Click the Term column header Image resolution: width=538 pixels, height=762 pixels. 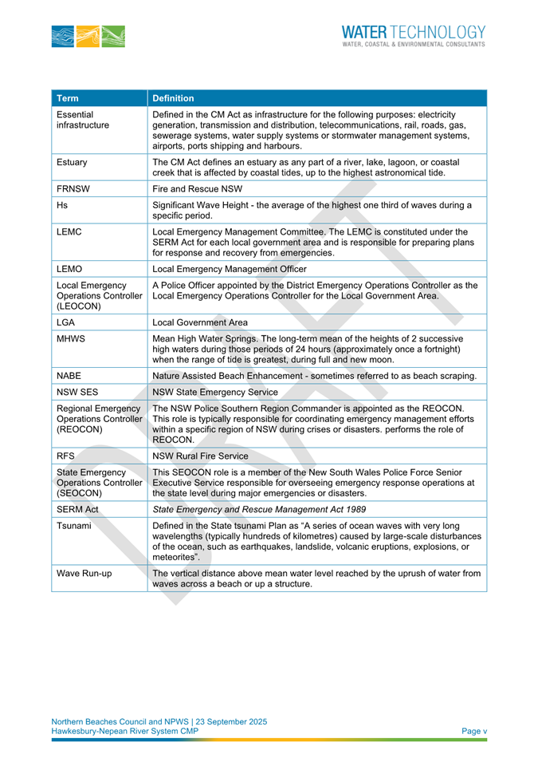(68, 99)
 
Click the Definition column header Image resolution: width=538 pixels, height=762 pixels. (173, 99)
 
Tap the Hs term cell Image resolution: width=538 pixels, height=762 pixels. (62, 205)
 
